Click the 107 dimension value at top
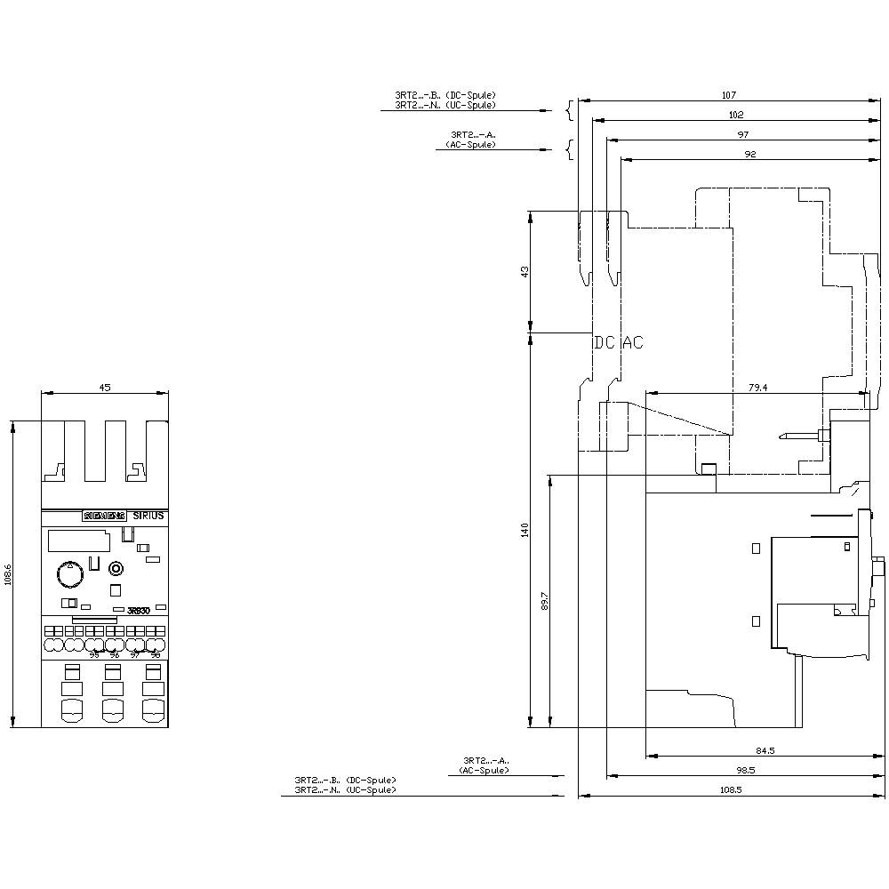[729, 94]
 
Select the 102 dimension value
[735, 115]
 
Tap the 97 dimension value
[743, 134]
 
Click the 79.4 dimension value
[757, 387]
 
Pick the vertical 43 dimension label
[525, 271]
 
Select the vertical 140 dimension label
[525, 530]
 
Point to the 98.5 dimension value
[744, 770]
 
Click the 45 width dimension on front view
[105, 388]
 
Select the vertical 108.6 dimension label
[8, 574]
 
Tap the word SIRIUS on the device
[148, 516]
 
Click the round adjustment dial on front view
[68, 575]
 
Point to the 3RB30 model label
[139, 610]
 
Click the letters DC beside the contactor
[605, 342]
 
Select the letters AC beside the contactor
[632, 342]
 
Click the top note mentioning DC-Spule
[445, 95]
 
